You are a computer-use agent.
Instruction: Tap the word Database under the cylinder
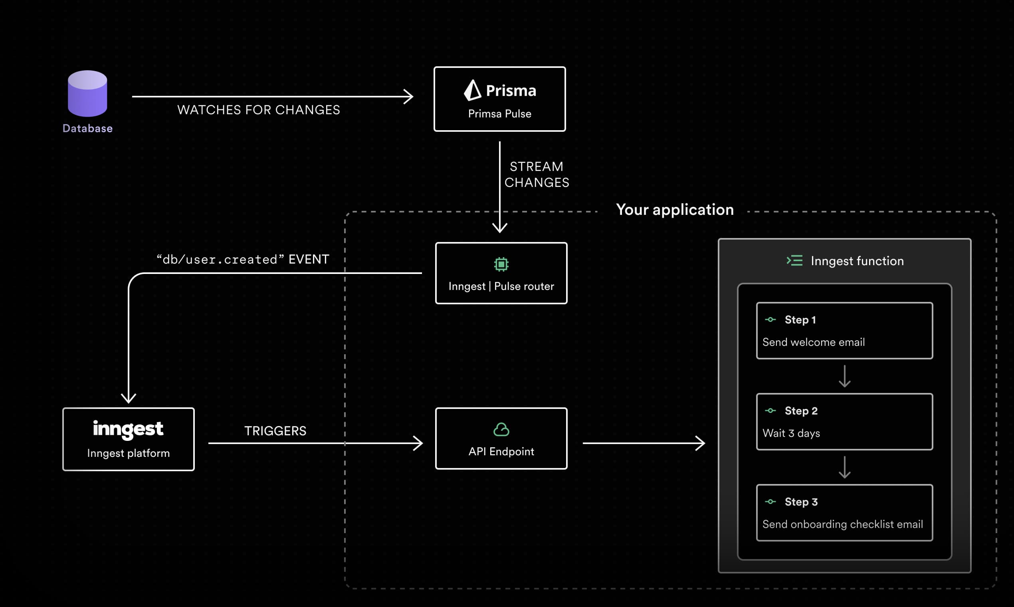click(x=87, y=129)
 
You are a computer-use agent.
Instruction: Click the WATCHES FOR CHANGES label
click(x=258, y=110)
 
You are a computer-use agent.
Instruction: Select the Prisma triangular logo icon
click(x=473, y=90)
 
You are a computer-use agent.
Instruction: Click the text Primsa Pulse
click(x=500, y=114)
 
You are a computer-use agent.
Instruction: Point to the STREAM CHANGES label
click(x=537, y=174)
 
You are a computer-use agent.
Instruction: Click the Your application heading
click(x=675, y=209)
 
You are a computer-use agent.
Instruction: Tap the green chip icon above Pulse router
click(x=501, y=264)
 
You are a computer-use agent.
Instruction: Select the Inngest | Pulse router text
click(x=501, y=286)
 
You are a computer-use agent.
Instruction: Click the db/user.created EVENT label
click(x=243, y=259)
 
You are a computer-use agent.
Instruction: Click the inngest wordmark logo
click(x=128, y=428)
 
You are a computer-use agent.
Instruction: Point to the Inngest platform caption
click(x=129, y=453)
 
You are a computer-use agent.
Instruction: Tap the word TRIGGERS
click(x=275, y=431)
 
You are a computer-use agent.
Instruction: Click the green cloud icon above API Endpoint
click(x=501, y=429)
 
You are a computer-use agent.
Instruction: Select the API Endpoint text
click(x=501, y=452)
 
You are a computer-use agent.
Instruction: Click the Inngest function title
click(x=857, y=261)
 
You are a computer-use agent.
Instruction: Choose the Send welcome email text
click(x=814, y=342)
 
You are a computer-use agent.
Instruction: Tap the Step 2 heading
click(x=801, y=411)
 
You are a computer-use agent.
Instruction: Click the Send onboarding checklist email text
click(x=843, y=524)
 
